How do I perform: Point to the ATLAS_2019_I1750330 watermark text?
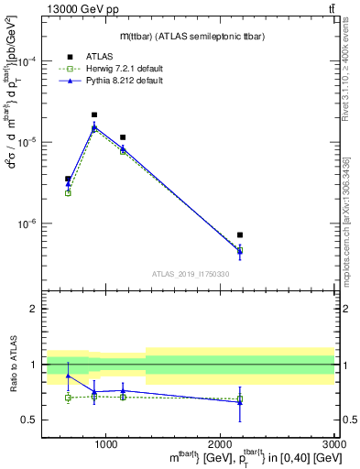tap(191, 273)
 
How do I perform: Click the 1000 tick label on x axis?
tap(107, 444)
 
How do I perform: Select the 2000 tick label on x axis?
tap(221, 444)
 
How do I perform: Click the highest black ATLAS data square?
tap(94, 115)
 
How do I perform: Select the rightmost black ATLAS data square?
tap(240, 235)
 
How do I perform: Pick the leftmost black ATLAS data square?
tap(68, 179)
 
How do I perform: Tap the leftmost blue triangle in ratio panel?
tap(68, 376)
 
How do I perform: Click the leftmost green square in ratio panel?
tap(68, 398)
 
